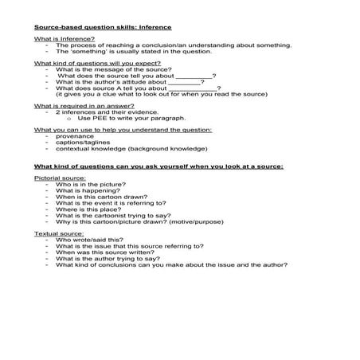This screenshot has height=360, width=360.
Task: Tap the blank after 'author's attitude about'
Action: point(186,81)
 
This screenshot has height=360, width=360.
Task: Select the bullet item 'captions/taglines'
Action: point(84,143)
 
